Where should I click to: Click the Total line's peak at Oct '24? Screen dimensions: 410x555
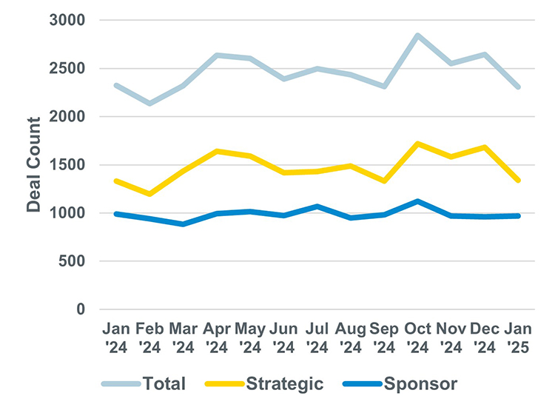pyautogui.click(x=418, y=36)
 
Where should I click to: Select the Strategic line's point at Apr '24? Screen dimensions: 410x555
pyautogui.click(x=216, y=151)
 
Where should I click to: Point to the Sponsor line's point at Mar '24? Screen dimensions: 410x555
pyautogui.click(x=183, y=224)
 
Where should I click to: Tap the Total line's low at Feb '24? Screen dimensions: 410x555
pyautogui.click(x=149, y=104)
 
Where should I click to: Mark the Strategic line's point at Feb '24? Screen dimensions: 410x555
pyautogui.click(x=149, y=194)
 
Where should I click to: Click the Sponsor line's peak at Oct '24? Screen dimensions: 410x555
pyautogui.click(x=418, y=201)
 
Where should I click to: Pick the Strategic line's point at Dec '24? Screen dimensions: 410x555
pyautogui.click(x=485, y=147)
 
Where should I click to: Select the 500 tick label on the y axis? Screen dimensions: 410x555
pyautogui.click(x=73, y=261)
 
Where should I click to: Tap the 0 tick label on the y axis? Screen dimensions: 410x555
pyautogui.click(x=82, y=309)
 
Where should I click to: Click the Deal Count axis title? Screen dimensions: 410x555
pyautogui.click(x=34, y=164)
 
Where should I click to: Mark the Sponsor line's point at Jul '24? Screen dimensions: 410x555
pyautogui.click(x=317, y=206)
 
